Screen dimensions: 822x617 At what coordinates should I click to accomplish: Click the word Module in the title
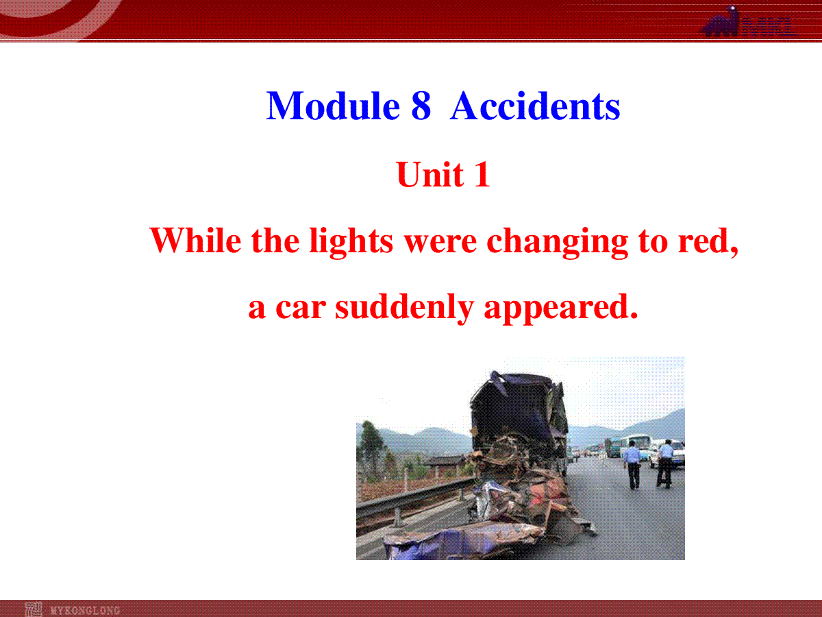(x=333, y=106)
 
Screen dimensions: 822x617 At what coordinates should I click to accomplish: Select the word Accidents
(x=535, y=106)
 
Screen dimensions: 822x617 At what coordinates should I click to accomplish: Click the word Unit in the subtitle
(x=430, y=174)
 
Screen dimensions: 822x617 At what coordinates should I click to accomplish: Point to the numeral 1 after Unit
(x=482, y=174)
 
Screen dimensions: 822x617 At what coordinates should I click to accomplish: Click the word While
(x=195, y=241)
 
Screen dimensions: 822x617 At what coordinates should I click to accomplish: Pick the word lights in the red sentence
(x=351, y=243)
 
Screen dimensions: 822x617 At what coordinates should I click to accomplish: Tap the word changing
(x=557, y=243)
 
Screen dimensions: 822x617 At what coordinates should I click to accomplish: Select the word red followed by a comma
(x=708, y=241)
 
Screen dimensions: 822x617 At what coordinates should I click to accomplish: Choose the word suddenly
(x=404, y=308)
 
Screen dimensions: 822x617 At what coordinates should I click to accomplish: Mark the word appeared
(x=560, y=309)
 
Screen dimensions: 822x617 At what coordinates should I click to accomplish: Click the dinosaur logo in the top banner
(x=721, y=22)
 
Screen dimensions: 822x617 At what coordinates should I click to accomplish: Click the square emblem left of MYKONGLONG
(x=34, y=609)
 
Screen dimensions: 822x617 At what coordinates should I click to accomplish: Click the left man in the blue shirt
(x=632, y=465)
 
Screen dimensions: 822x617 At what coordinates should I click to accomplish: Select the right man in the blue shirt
(x=665, y=464)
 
